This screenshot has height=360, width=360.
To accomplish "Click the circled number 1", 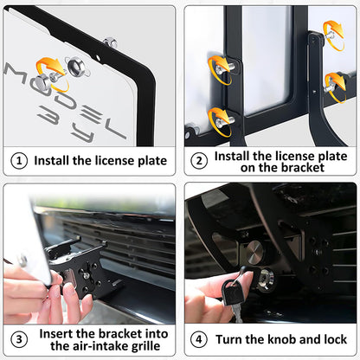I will [18, 160].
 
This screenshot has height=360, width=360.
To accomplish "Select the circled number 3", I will [18, 338].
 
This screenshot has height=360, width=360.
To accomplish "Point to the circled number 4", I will [198, 338].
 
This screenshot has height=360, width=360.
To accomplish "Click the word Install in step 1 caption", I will [53, 160].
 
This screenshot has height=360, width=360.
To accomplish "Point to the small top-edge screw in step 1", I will [110, 42].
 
